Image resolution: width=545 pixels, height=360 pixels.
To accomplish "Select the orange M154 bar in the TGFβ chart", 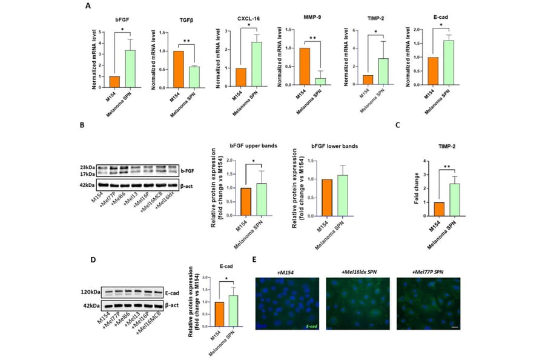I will point(178,70).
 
